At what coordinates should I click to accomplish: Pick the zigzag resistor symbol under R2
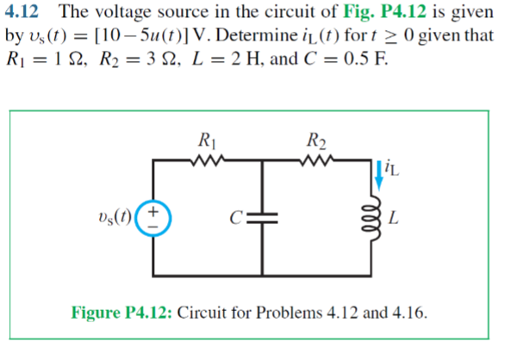coord(315,159)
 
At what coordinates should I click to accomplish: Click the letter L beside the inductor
coord(394,220)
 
